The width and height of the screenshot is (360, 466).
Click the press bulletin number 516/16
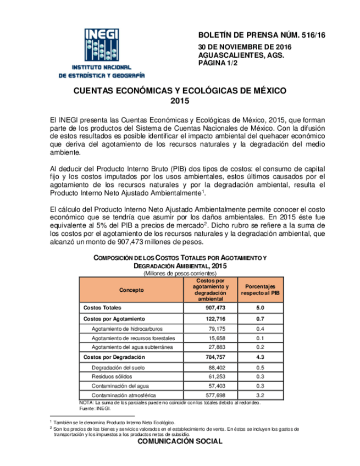tap(261, 35)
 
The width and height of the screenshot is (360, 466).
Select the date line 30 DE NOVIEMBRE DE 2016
tap(245, 48)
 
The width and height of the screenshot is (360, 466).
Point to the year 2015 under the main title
tap(180, 101)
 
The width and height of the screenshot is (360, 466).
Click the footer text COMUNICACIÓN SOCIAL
tap(180, 441)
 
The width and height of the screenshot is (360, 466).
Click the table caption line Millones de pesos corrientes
tap(180, 273)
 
